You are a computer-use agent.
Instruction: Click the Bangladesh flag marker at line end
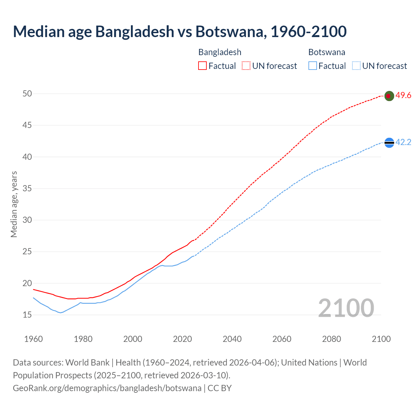(x=389, y=96)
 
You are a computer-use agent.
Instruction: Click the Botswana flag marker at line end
(x=389, y=142)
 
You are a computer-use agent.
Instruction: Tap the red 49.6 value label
(x=403, y=95)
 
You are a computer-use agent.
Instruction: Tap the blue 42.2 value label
(x=403, y=142)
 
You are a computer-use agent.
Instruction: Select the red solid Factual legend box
(x=202, y=66)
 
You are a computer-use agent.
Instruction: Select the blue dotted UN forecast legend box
(x=356, y=66)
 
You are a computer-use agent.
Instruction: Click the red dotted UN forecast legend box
(x=246, y=66)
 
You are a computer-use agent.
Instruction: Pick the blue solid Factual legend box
(x=312, y=66)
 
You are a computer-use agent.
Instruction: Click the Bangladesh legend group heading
(x=220, y=52)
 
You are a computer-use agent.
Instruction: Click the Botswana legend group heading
(x=327, y=52)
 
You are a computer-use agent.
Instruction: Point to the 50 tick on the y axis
(x=27, y=94)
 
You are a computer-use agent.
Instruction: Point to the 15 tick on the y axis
(x=27, y=315)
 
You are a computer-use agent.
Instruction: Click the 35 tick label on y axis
(x=27, y=188)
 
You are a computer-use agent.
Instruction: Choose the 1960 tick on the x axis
(x=33, y=339)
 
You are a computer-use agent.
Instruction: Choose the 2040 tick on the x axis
(x=232, y=339)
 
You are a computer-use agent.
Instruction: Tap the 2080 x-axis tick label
(x=331, y=339)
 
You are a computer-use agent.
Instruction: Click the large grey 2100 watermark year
(x=346, y=308)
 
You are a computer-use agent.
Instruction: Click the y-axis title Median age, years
(x=14, y=204)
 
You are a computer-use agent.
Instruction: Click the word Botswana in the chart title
(x=229, y=31)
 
